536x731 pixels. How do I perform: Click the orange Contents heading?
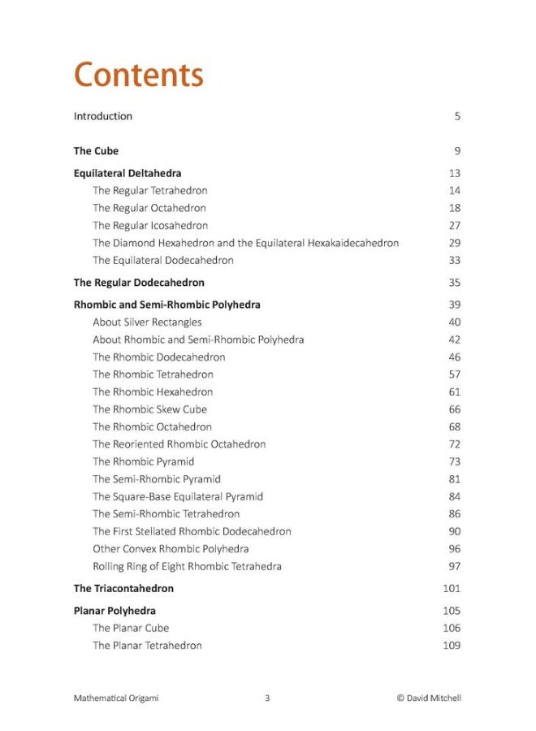(138, 76)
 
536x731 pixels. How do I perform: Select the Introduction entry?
(103, 116)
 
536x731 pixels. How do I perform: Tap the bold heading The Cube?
(96, 151)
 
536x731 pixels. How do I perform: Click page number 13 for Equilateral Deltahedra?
(454, 173)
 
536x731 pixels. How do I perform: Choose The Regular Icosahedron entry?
(150, 226)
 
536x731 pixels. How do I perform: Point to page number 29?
(454, 243)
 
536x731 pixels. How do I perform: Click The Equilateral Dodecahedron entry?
(163, 261)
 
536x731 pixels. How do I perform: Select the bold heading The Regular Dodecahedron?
(139, 283)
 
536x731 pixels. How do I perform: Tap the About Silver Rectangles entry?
(147, 322)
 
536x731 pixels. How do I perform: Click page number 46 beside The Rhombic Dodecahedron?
(454, 357)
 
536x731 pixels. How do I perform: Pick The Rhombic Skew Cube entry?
(149, 409)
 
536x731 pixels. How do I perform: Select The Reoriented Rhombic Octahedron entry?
(179, 444)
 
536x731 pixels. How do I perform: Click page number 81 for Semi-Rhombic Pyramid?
(454, 479)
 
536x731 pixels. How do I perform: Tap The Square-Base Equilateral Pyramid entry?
(178, 496)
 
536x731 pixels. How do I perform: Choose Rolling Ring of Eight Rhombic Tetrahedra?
(187, 566)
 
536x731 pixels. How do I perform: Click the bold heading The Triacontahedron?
(123, 588)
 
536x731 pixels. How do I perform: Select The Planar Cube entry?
(131, 628)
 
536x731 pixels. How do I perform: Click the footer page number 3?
(267, 698)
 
